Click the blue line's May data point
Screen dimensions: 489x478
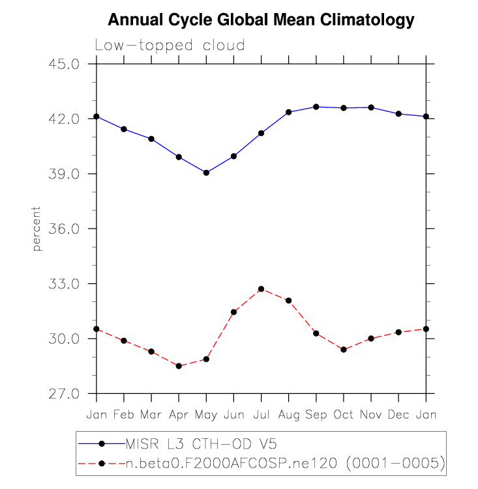click(206, 173)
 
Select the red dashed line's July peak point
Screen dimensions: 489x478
click(261, 288)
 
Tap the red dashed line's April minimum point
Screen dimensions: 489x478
click(179, 366)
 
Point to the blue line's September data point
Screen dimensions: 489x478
click(316, 107)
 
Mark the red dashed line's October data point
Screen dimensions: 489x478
click(344, 350)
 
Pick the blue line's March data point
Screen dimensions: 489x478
click(151, 139)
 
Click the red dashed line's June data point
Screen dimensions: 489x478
click(233, 312)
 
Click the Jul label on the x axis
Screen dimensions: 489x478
click(261, 414)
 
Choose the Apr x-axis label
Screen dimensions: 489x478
click(179, 414)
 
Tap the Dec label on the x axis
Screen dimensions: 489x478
click(398, 414)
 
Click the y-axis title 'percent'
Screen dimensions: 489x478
click(37, 229)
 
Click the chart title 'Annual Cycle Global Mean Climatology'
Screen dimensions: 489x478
click(261, 20)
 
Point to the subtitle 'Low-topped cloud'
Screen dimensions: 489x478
click(170, 46)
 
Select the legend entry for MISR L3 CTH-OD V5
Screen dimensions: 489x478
click(201, 444)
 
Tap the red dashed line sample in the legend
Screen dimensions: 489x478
click(100, 463)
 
